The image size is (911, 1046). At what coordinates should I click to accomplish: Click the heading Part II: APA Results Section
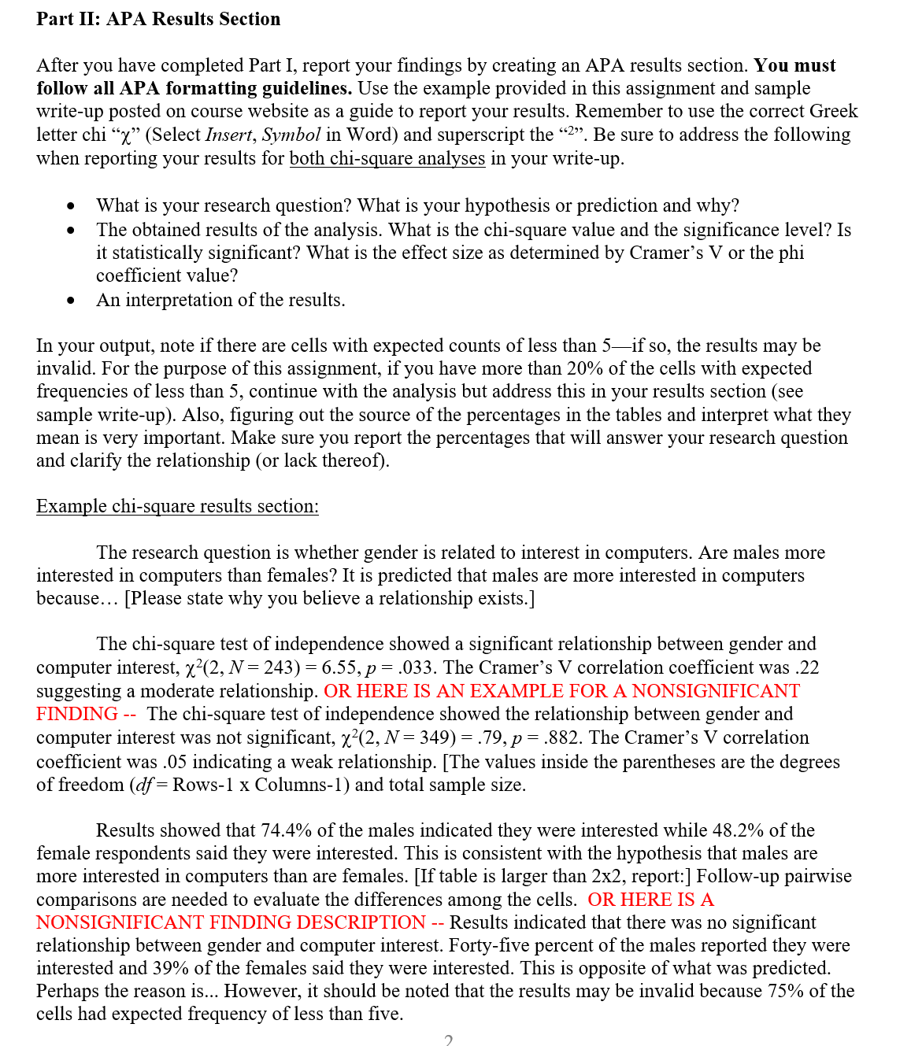pyautogui.click(x=158, y=19)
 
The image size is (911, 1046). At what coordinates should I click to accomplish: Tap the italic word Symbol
pyautogui.click(x=291, y=135)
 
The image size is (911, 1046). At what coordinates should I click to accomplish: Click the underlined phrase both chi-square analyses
pyautogui.click(x=387, y=158)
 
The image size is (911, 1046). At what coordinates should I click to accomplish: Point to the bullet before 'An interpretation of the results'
pyautogui.click(x=72, y=300)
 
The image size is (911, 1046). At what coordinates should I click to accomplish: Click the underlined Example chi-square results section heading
pyautogui.click(x=177, y=506)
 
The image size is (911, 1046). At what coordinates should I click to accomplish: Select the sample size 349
pyautogui.click(x=280, y=737)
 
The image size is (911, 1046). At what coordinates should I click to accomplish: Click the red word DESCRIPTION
pyautogui.click(x=354, y=922)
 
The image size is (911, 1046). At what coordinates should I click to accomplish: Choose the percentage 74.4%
pyautogui.click(x=284, y=830)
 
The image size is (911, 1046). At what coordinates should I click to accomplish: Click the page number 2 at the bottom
pyautogui.click(x=448, y=1040)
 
